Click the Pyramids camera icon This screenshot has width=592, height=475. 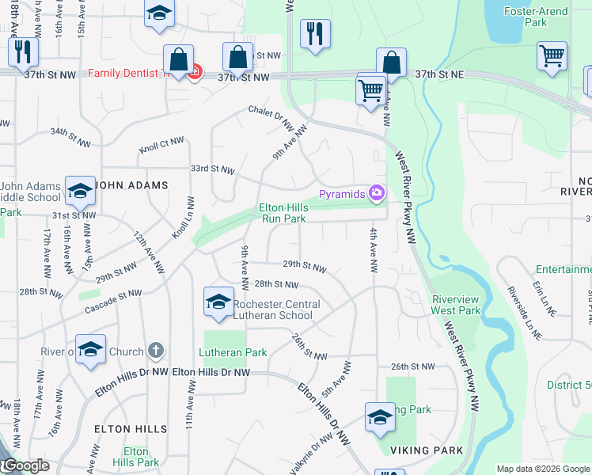377,193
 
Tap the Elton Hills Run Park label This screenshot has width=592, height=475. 283,213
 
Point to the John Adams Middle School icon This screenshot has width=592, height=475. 80,191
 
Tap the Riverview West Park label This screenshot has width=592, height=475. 456,305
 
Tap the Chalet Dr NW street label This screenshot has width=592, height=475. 271,117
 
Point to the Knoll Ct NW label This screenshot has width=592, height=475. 161,145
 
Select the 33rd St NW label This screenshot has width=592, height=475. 212,169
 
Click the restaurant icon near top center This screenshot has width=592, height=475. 315,34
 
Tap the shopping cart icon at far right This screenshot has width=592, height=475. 552,56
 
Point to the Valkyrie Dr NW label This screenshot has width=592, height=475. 310,454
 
